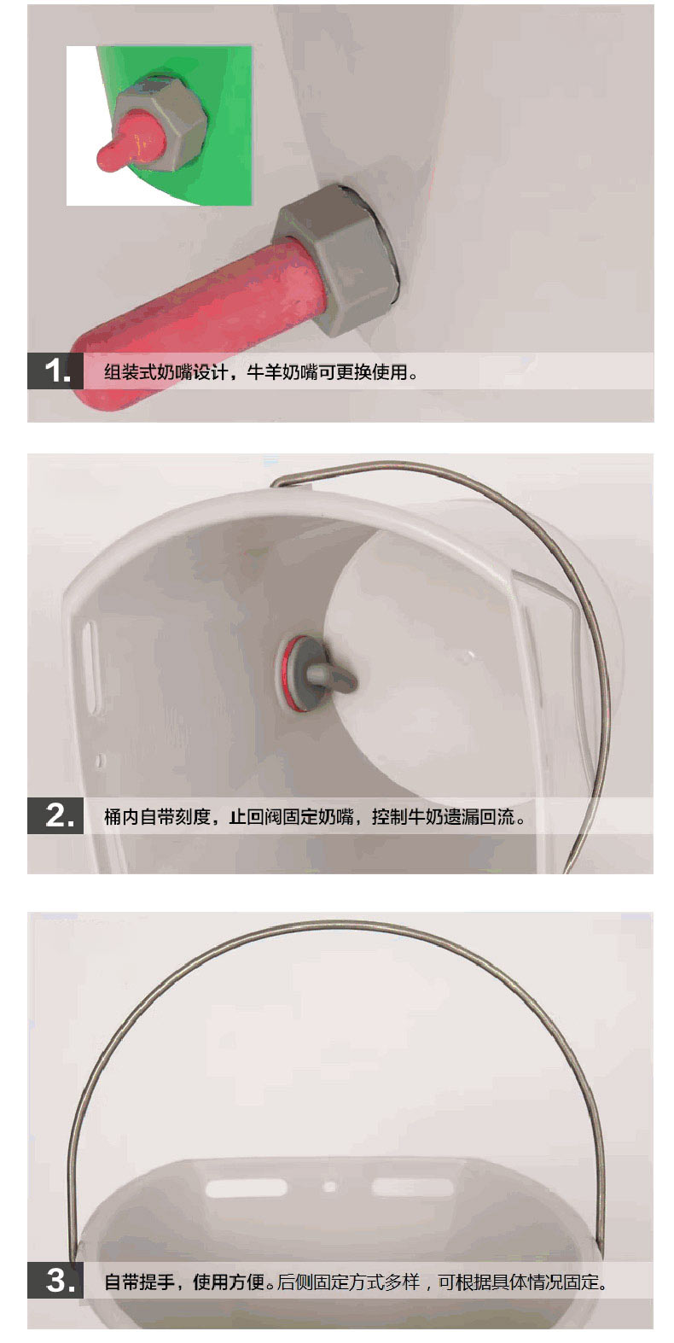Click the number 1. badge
click(x=55, y=371)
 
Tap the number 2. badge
click(x=55, y=815)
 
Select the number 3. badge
click(x=55, y=1280)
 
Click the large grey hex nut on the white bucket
click(x=337, y=259)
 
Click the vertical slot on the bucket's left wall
click(x=90, y=668)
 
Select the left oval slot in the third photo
click(x=247, y=1187)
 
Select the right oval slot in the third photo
click(x=413, y=1187)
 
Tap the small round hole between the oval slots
click(x=329, y=1185)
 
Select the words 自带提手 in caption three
click(x=140, y=1282)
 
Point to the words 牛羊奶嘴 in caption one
click(x=282, y=371)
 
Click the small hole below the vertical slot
click(x=101, y=761)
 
